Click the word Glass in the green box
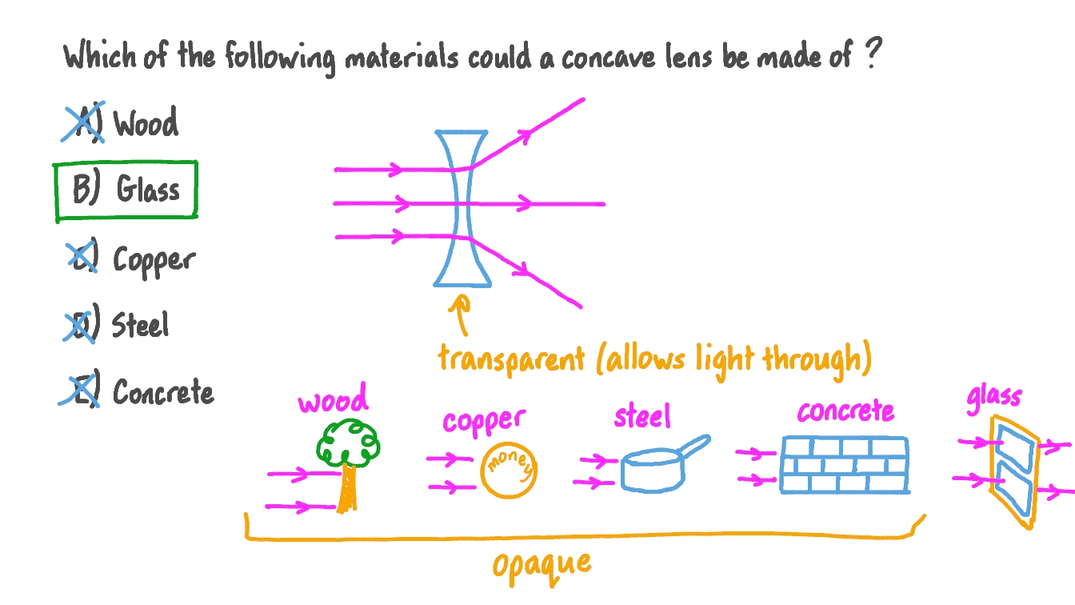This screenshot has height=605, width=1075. (x=148, y=190)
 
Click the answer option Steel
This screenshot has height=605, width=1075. (x=140, y=325)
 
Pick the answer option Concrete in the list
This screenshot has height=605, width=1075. (x=163, y=391)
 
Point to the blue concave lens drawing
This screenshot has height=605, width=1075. (x=462, y=208)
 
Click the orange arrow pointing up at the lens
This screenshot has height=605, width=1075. (x=460, y=315)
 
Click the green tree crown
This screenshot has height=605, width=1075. (x=349, y=443)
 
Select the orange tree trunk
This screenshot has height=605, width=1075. (x=346, y=488)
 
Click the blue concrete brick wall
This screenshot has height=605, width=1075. (x=844, y=464)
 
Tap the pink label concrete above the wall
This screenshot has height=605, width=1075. (x=845, y=411)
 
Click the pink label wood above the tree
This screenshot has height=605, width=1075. (x=333, y=399)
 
